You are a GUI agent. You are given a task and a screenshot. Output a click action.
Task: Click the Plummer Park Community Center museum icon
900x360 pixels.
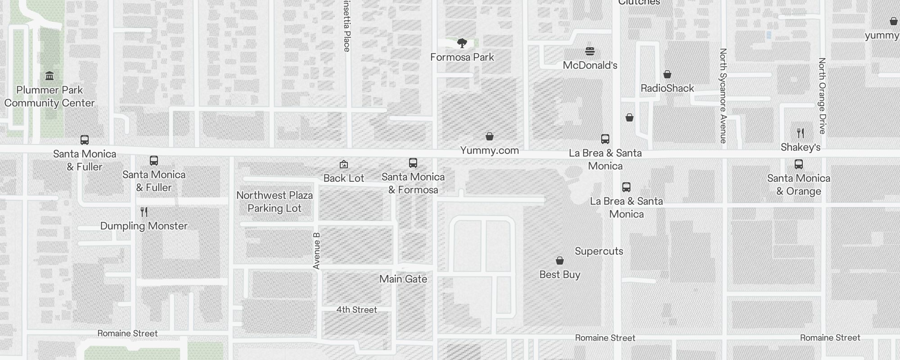click(49, 76)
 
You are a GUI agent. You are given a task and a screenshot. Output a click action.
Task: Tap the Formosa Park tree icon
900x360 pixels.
click(462, 43)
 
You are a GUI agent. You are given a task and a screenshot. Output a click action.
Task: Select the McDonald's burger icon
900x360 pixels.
click(590, 51)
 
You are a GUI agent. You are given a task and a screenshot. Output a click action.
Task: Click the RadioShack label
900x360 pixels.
click(667, 88)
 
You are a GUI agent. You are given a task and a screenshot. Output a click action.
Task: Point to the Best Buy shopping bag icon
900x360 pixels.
click(560, 261)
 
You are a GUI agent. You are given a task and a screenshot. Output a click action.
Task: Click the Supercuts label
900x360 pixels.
click(599, 251)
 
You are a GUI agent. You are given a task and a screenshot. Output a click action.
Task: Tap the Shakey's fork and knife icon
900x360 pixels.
click(800, 133)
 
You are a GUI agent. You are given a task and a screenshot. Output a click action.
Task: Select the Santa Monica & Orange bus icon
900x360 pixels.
click(799, 164)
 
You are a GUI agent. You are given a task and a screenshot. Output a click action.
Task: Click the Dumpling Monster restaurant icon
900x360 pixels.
click(144, 211)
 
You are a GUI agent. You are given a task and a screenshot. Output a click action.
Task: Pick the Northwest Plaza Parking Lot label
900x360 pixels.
click(274, 202)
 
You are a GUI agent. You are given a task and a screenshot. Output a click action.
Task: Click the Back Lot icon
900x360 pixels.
click(344, 164)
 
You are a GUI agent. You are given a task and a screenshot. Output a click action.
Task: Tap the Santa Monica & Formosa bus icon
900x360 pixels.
click(413, 163)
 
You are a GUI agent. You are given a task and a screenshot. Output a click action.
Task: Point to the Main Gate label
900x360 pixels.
click(403, 279)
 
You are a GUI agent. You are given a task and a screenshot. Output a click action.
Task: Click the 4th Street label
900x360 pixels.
click(356, 310)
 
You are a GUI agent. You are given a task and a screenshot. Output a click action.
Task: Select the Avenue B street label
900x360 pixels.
click(316, 251)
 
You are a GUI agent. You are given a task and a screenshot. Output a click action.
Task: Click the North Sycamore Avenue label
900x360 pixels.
click(723, 96)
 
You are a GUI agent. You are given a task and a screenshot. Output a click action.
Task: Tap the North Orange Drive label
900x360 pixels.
click(822, 96)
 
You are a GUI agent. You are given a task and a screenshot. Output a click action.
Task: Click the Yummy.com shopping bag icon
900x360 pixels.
click(490, 136)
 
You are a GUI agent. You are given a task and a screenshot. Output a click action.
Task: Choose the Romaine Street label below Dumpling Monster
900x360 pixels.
click(127, 333)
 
